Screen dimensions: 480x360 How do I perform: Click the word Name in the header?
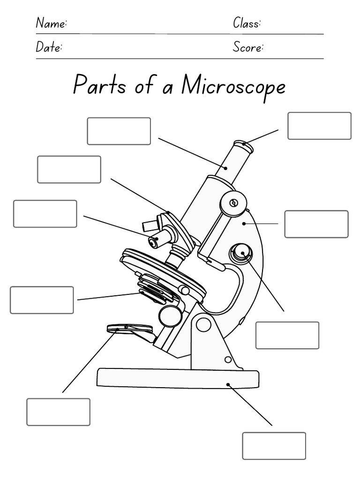pyautogui.click(x=52, y=23)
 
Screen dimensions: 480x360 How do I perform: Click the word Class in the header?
pyautogui.click(x=247, y=23)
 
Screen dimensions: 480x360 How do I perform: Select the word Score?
pyautogui.click(x=248, y=48)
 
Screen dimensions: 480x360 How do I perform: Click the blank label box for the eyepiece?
pyautogui.click(x=319, y=126)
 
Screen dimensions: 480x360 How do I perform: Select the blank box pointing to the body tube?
pyautogui.click(x=119, y=131)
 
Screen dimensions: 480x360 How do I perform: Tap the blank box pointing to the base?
pyautogui.click(x=274, y=446)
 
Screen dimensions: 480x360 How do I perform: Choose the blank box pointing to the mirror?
pyautogui.click(x=58, y=412)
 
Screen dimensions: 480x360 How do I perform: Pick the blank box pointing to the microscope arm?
pyautogui.click(x=316, y=224)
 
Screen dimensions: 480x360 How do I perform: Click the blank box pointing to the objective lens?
pyautogui.click(x=45, y=214)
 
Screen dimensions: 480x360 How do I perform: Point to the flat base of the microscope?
pyautogui.click(x=178, y=378)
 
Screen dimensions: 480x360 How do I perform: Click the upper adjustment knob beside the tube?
pyautogui.click(x=233, y=203)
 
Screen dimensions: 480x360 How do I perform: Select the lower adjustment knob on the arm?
pyautogui.click(x=242, y=254)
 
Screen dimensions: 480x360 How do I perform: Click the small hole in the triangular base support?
pyautogui.click(x=228, y=360)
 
